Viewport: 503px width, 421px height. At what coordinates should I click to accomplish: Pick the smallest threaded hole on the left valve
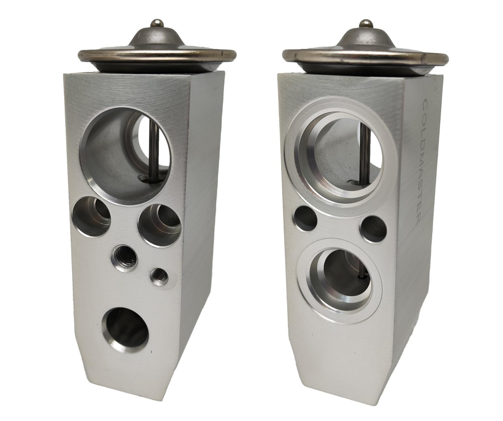[159, 277]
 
